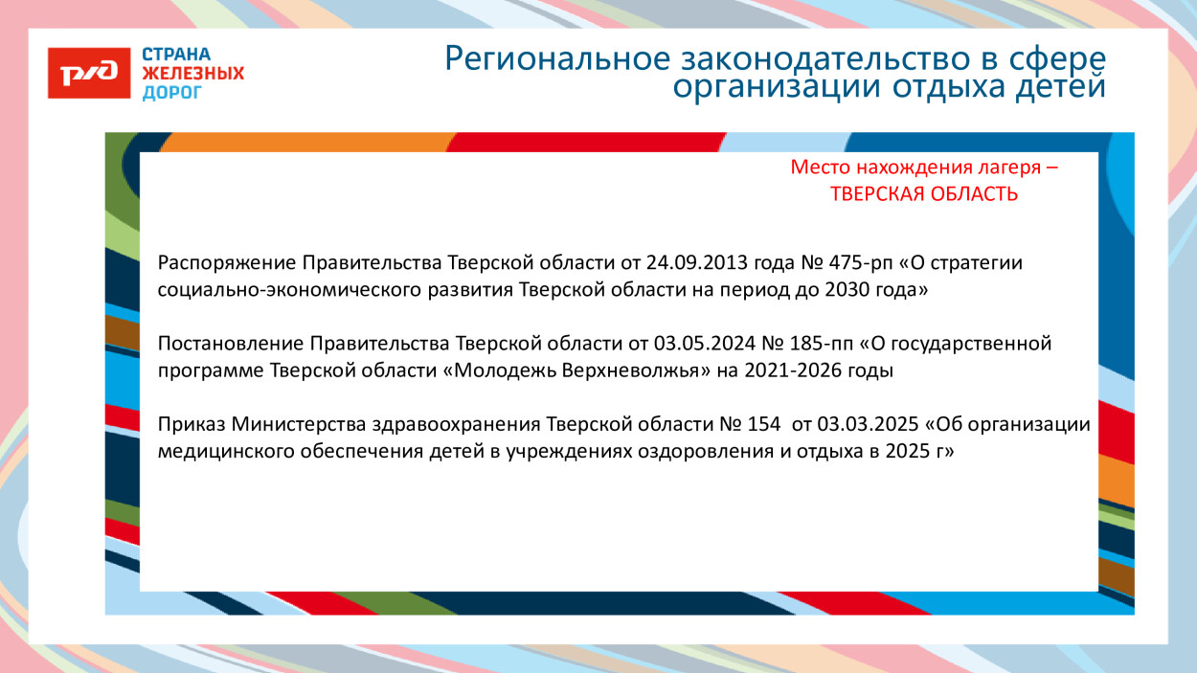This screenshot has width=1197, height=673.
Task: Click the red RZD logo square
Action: pos(89,73)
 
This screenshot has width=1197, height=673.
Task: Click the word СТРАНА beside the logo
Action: pos(177,55)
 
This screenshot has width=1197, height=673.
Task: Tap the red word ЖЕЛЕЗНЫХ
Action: pos(192,74)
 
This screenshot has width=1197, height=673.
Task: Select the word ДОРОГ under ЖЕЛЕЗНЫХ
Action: pos(172,93)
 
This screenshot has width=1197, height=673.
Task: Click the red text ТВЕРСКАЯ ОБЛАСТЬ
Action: pos(923,194)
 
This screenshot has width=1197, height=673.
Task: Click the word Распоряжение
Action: pos(227,263)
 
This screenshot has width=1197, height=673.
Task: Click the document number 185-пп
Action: pos(809,344)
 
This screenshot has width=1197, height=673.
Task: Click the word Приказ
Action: pos(191,424)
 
